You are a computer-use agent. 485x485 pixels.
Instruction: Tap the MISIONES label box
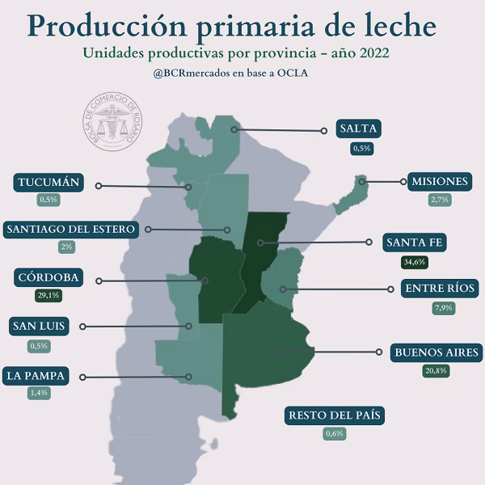438,181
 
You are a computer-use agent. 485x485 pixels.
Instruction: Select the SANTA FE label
415,242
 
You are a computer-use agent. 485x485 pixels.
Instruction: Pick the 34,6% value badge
415,262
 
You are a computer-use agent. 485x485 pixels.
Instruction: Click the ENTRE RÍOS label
441,289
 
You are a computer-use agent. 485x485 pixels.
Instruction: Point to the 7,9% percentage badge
441,308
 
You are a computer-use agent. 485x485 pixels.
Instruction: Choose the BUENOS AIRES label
437,352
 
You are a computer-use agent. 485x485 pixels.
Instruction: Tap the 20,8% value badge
437,371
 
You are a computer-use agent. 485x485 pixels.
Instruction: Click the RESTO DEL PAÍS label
335,415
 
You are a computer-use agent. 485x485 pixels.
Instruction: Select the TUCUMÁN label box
48,182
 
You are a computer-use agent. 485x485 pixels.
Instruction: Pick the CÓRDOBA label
48,277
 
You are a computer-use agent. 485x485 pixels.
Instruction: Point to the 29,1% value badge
48,296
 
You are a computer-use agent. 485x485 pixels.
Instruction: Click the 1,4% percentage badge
38,393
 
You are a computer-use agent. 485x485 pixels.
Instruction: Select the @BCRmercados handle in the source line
192,74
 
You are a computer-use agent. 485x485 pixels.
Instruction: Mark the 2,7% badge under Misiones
438,200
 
